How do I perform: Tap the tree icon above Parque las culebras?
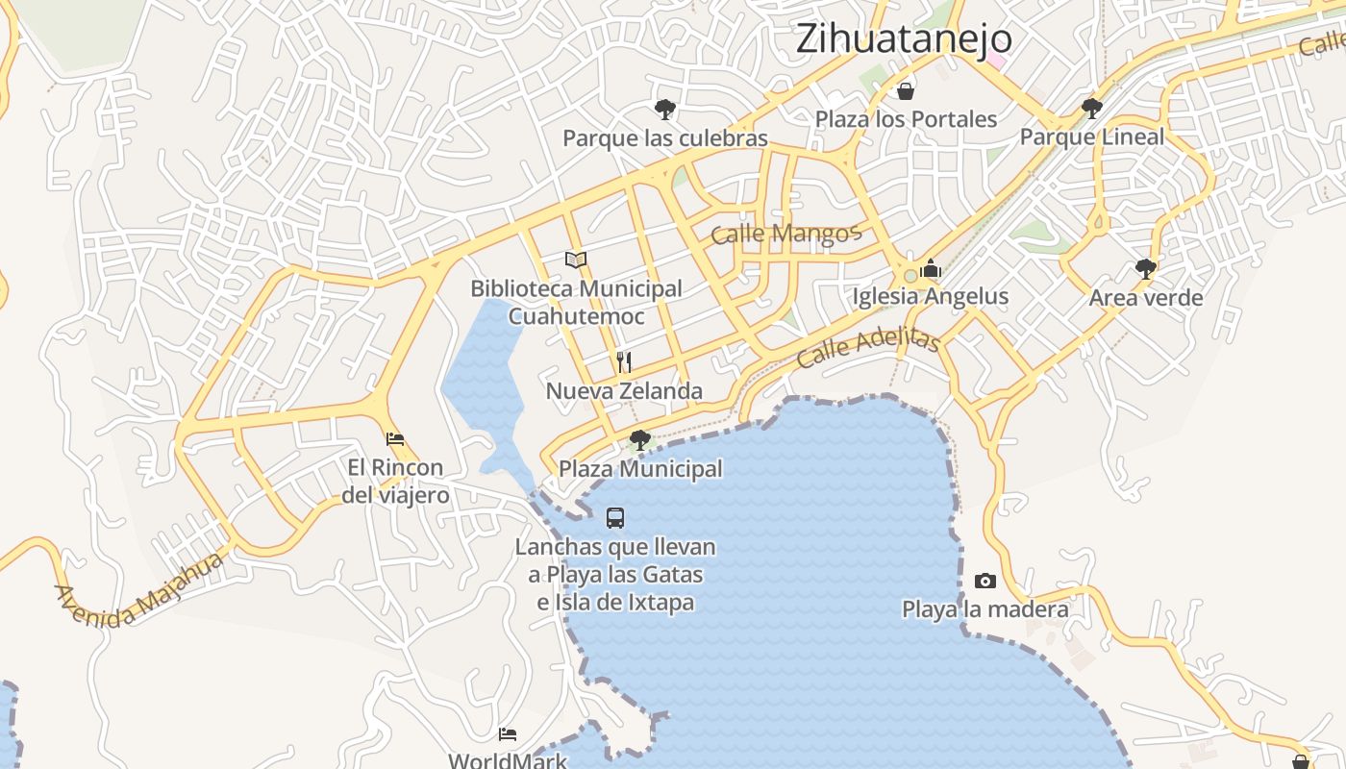pos(664,110)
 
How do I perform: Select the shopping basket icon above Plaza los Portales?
pos(906,91)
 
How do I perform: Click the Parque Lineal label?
pos(1091,136)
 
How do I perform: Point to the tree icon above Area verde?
pos(1145,269)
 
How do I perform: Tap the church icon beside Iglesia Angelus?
pos(930,269)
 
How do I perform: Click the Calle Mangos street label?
pos(785,234)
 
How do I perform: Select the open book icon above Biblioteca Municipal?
pos(576,260)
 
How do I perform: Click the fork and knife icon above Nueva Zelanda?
pos(624,362)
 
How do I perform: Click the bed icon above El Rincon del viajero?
pos(395,439)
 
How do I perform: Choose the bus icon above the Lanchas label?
pos(615,518)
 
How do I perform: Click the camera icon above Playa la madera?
pos(985,581)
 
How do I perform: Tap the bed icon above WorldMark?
pos(508,734)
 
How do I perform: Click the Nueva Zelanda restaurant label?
pos(624,391)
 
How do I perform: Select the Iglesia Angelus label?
pos(930,296)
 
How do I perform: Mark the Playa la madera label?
pos(985,609)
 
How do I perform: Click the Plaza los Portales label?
pos(906,119)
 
